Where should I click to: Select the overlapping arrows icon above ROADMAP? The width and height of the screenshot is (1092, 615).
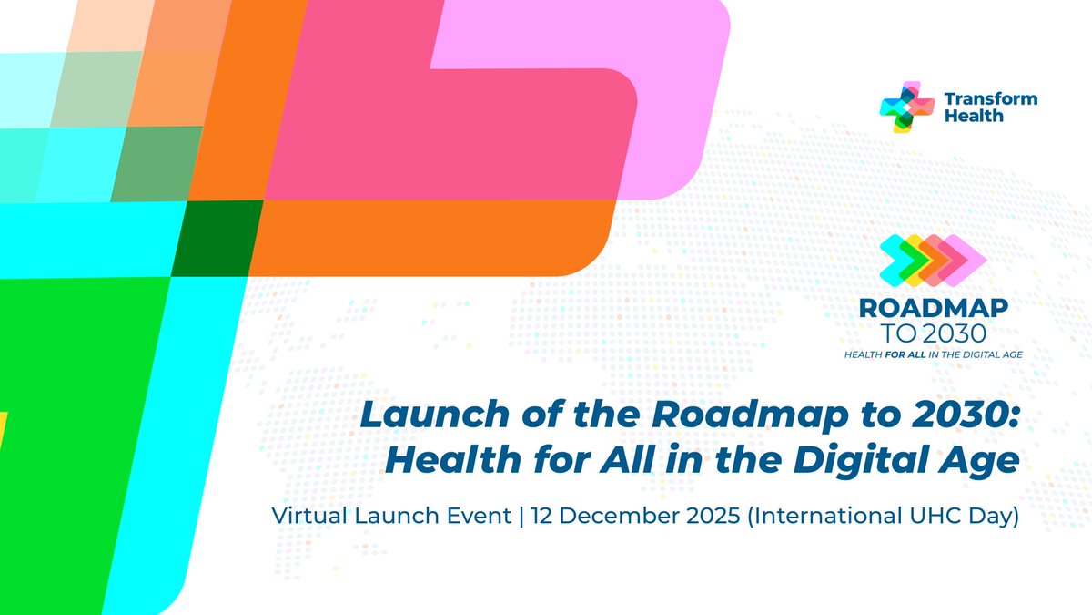pos(933,258)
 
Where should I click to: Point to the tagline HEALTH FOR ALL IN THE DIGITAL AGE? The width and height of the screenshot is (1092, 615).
pos(933,353)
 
